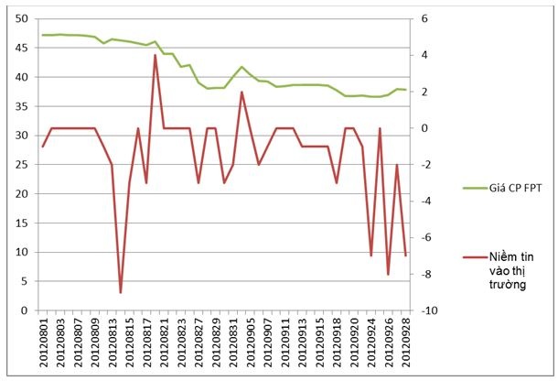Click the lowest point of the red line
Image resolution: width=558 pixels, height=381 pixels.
pos(121,292)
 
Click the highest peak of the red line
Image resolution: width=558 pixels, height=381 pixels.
pos(155,55)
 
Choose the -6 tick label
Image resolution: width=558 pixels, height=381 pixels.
pos(427,237)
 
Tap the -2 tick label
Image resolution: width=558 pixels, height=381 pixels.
pos(427,165)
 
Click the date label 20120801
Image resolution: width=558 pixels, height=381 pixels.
pos(43,343)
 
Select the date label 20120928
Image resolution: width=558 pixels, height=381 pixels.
pos(405,343)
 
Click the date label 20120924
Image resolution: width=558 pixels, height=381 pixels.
pos(370,343)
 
